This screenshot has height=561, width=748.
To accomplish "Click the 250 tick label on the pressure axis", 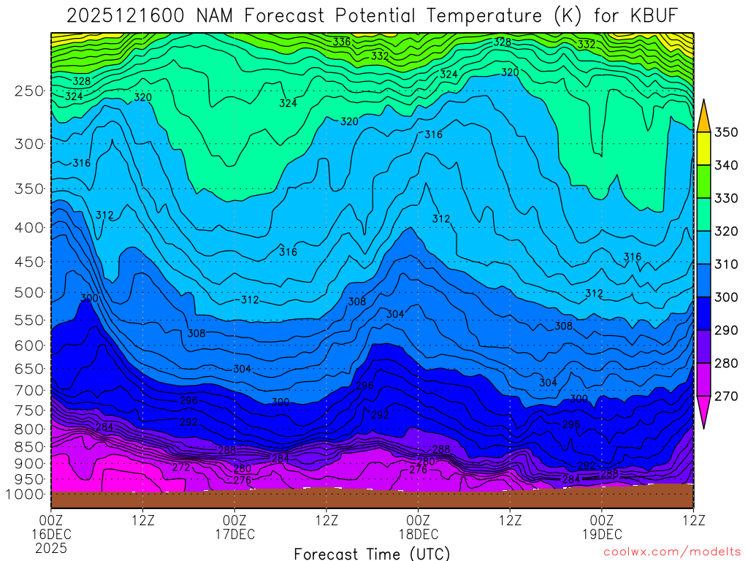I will tap(29, 91).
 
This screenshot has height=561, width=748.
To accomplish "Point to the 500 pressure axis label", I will tap(29, 293).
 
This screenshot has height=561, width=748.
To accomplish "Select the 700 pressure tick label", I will tap(29, 390).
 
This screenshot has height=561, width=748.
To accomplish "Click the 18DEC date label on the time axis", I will tap(419, 534).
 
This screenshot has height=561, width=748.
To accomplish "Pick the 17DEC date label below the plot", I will tap(234, 534).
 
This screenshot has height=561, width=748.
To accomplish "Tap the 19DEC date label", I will tap(602, 534).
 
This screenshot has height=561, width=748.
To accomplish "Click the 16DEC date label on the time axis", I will tap(51, 534).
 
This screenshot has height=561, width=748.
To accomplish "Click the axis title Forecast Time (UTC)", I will tap(372, 554).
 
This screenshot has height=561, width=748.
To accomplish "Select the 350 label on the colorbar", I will tap(726, 132).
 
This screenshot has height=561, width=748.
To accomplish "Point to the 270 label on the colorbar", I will tap(726, 397).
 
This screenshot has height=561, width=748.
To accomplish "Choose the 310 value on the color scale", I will tap(726, 264).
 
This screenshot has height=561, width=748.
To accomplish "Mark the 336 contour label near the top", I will tap(342, 42).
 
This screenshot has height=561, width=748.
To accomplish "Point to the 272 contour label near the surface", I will tap(181, 467).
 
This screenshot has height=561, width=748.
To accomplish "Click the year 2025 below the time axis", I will tap(51, 547).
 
